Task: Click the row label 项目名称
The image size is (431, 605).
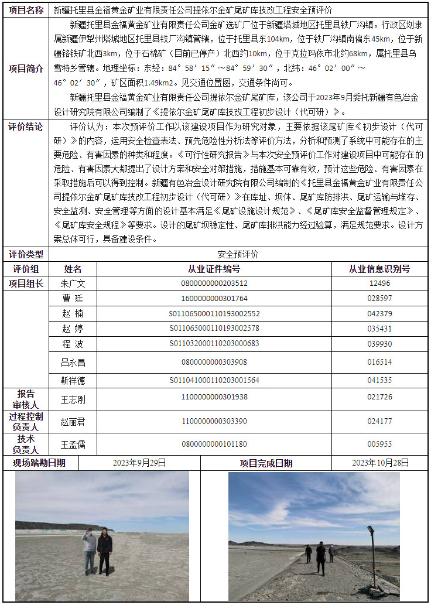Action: click(26, 10)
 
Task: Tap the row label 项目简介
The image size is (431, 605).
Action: click(26, 68)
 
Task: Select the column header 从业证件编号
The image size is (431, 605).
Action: click(214, 269)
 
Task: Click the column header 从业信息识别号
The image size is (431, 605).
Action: click(379, 269)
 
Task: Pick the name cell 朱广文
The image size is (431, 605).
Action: click(73, 283)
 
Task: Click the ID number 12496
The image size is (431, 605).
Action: click(379, 283)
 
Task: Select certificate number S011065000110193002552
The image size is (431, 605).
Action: click(214, 313)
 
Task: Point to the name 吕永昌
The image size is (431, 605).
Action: click(73, 363)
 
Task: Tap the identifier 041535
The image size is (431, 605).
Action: click(379, 381)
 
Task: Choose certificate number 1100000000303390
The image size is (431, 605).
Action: click(214, 421)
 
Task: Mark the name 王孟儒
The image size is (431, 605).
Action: click(73, 445)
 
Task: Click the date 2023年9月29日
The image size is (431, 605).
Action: click(139, 463)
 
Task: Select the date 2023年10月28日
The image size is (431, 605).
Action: click(380, 463)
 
